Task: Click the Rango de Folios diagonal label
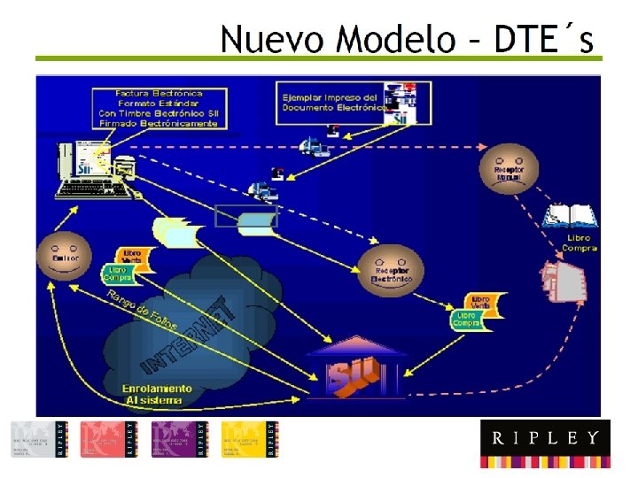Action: pos(142,310)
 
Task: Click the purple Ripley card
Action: pos(180,438)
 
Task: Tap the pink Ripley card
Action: pos(109,438)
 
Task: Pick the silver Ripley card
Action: pos(38,438)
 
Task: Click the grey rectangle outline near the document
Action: pos(245,216)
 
